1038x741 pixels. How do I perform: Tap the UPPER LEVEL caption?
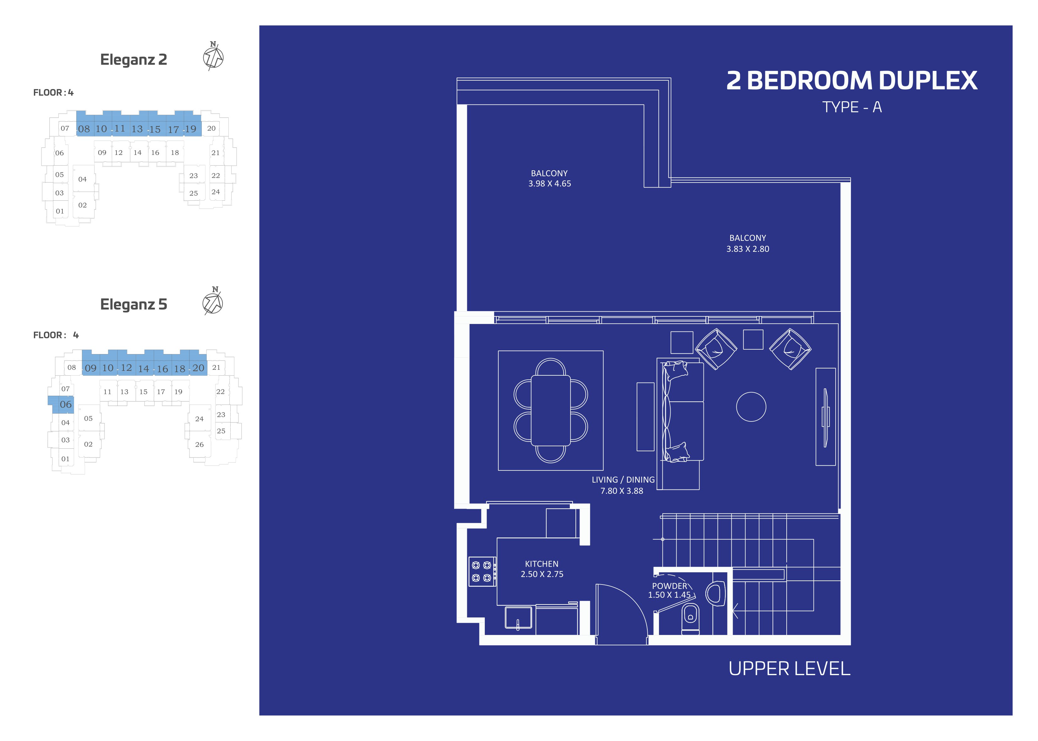789,669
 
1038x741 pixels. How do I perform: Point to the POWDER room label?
669,586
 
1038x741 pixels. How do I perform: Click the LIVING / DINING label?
623,479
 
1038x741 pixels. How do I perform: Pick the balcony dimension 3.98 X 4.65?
549,183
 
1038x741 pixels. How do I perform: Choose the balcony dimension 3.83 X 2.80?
748,249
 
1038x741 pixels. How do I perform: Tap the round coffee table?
751,406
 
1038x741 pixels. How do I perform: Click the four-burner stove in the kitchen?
482,571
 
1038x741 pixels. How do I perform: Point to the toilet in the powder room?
690,618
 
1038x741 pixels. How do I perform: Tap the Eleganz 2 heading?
133,59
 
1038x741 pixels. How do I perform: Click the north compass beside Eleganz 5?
213,302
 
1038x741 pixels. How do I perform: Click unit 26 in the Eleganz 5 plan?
200,444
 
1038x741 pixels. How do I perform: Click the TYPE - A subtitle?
852,107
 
